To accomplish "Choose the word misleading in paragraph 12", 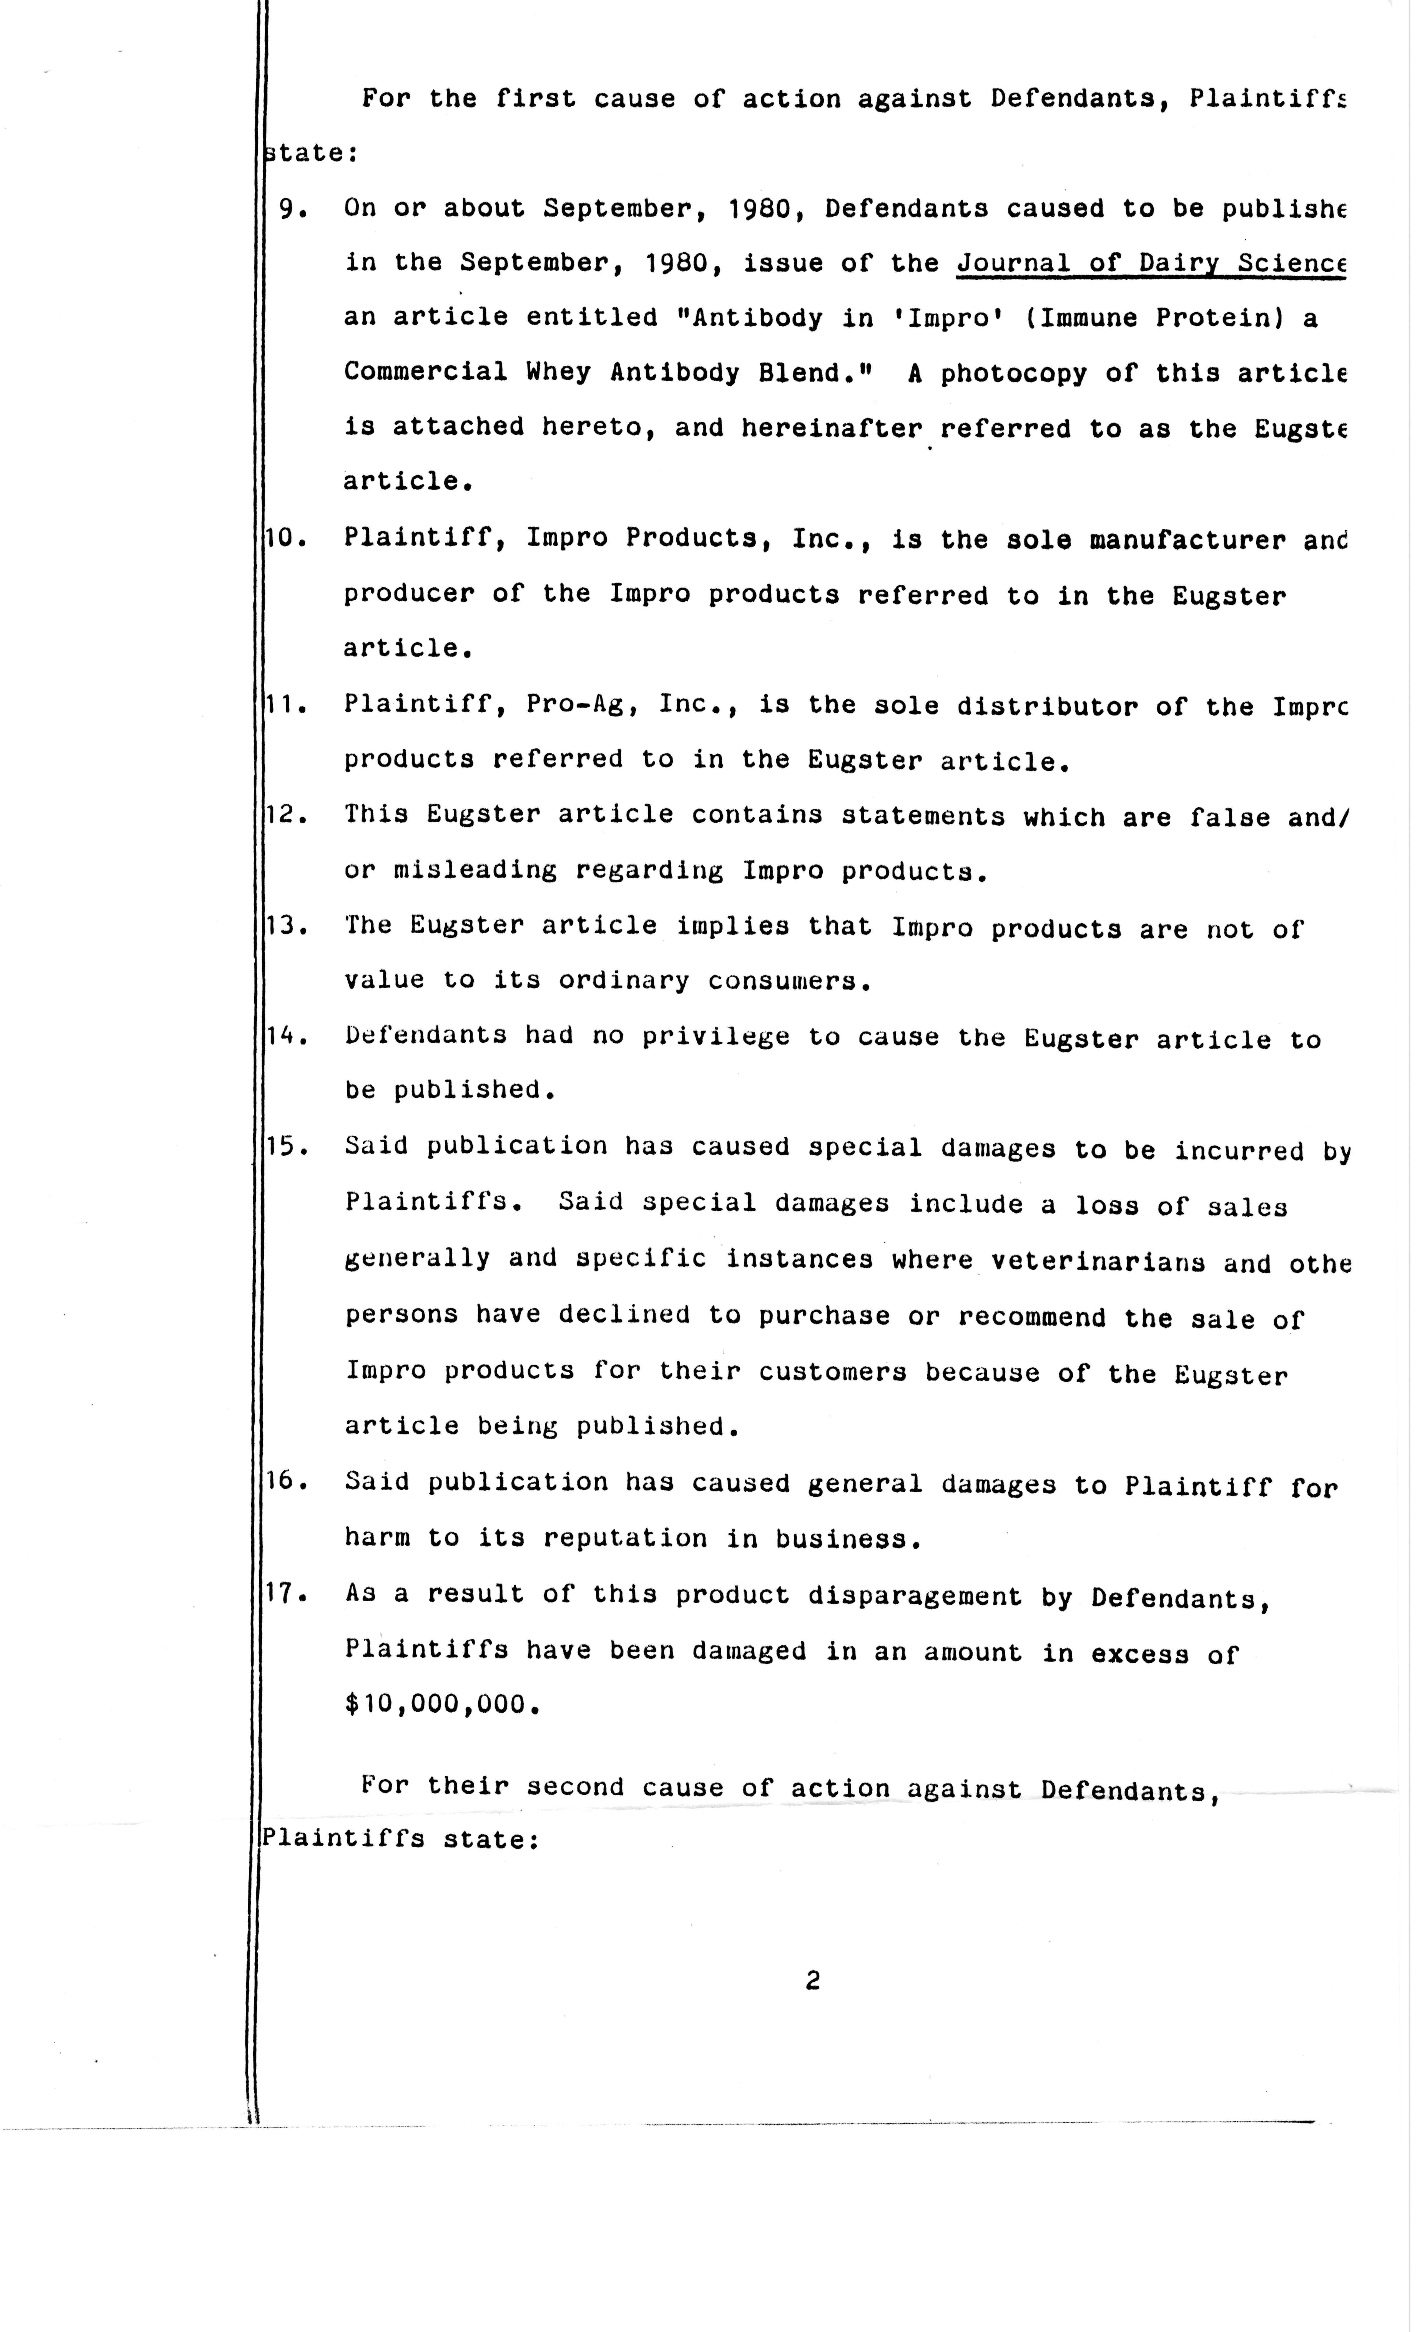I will (475, 871).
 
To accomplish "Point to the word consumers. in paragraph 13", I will (789, 981).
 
